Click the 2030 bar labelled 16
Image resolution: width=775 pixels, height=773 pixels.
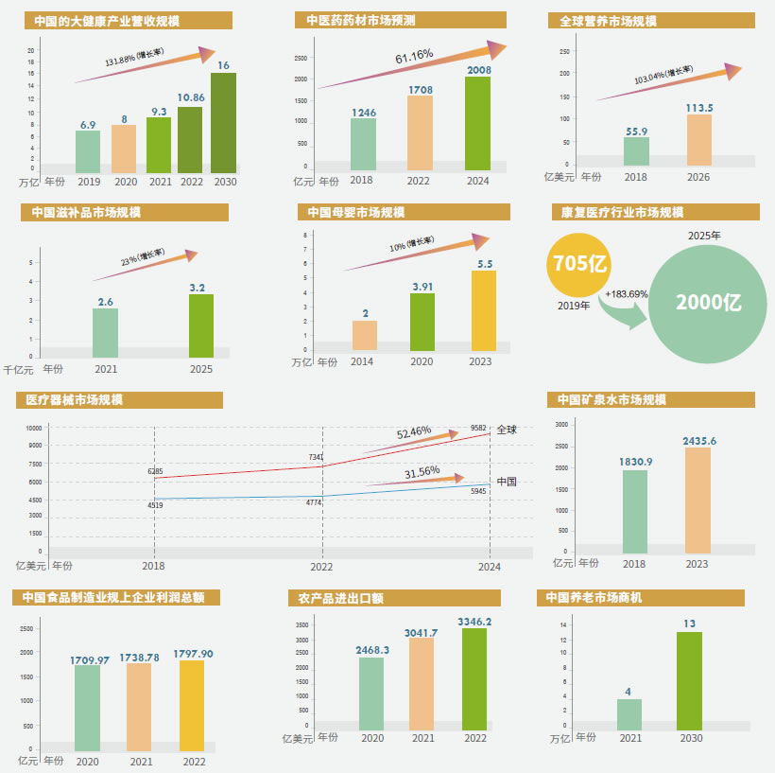click(224, 122)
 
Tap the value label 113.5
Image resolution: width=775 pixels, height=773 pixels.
click(699, 107)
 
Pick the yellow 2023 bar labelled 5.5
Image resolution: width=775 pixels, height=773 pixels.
click(483, 310)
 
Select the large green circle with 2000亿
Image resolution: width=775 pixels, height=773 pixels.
click(708, 302)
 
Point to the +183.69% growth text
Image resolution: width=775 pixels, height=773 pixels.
click(627, 294)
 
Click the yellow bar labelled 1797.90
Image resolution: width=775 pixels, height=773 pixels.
click(193, 700)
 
